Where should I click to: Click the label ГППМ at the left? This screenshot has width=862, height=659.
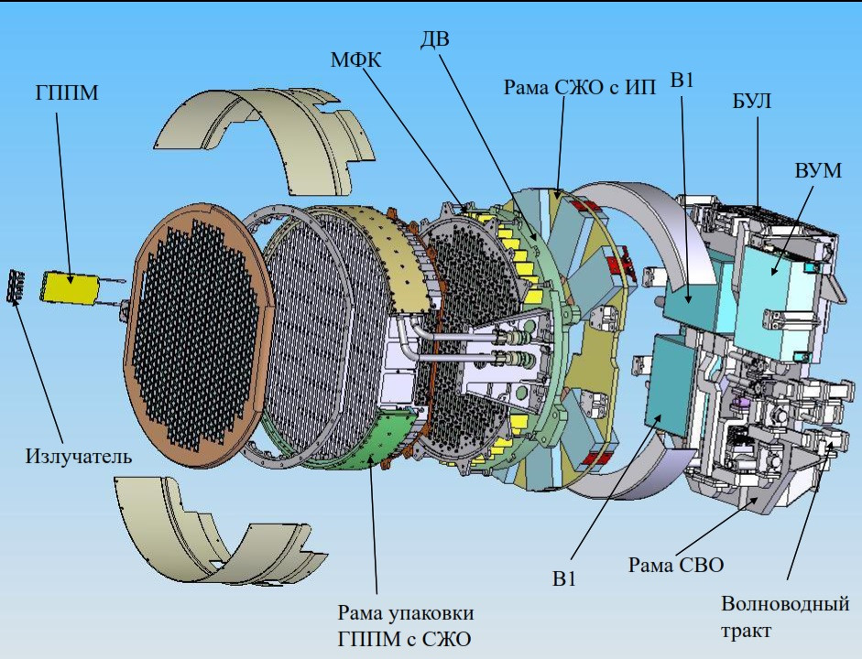67,94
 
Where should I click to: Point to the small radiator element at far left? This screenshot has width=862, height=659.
15,286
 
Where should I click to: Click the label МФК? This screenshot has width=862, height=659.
356,60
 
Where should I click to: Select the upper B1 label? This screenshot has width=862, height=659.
682,81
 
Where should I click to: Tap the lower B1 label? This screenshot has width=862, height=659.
564,578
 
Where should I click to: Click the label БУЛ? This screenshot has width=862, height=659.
751,101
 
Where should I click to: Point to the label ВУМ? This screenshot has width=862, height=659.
819,173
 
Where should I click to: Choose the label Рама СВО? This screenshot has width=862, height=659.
676,564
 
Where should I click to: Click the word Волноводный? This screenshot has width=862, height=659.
784,604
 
